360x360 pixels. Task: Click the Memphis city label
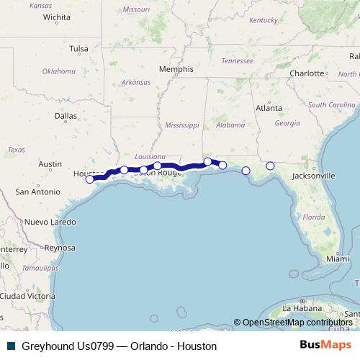pos(176,69)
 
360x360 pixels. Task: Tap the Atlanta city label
pos(269,108)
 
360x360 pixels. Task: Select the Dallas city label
pos(66,114)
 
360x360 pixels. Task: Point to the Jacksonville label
pos(314,175)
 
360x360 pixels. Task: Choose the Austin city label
pos(50,164)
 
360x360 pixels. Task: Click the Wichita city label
pos(57,16)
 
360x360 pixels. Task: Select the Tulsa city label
pos(78,49)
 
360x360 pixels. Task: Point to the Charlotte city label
pos(307,73)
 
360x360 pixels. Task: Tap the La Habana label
pos(297,308)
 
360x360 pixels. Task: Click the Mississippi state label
pos(181,125)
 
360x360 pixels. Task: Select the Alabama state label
pos(230,125)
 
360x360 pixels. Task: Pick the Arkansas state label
pos(136,82)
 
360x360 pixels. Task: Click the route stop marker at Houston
pos(89,179)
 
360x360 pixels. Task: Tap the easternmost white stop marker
pos(270,166)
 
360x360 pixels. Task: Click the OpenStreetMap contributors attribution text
pos(297,323)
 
